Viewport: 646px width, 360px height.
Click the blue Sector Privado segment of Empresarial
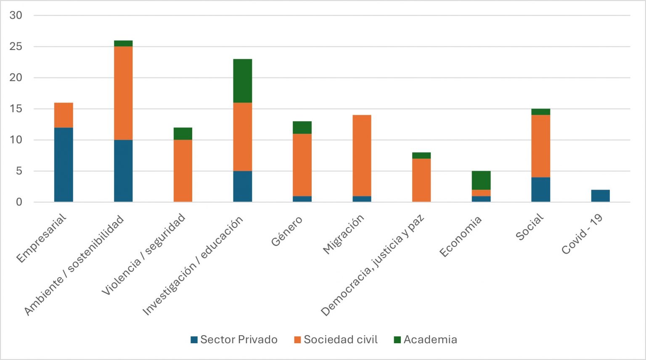click(64, 164)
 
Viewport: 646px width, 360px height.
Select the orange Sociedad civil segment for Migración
click(362, 155)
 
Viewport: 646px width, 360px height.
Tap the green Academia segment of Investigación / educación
click(243, 81)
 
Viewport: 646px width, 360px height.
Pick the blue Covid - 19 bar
click(600, 196)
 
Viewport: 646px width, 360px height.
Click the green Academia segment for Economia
click(481, 180)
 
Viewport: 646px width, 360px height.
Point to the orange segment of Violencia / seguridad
click(183, 170)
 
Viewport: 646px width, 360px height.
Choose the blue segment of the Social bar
click(540, 189)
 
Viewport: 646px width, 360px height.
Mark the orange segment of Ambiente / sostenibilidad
click(123, 93)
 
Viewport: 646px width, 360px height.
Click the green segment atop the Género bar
click(302, 127)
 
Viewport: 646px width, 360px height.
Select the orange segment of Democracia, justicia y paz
click(421, 180)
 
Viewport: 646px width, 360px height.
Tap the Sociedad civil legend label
click(340, 340)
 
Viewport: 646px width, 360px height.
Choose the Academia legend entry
click(430, 340)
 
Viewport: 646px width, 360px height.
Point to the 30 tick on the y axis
click(16, 16)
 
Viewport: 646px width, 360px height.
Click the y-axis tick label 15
click(16, 109)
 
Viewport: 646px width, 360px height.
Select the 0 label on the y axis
click(19, 202)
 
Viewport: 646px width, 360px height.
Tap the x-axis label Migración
click(343, 234)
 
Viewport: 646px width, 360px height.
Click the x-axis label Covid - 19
click(582, 234)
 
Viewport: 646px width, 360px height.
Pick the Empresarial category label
click(41, 238)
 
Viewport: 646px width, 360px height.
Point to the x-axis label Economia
click(461, 236)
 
